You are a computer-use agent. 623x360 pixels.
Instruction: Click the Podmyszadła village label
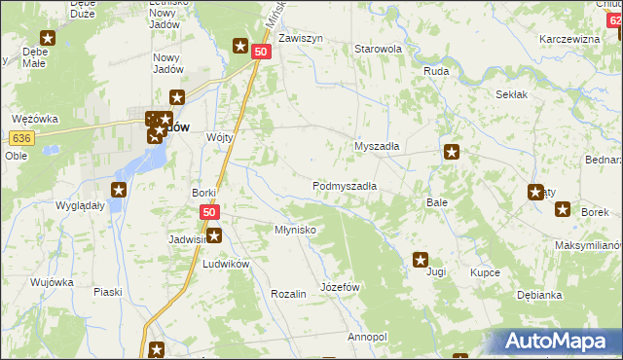345,185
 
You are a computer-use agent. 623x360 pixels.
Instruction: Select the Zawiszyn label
300,39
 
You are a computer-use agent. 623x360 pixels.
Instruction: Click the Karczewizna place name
569,39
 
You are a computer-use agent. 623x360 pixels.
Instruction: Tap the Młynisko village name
295,230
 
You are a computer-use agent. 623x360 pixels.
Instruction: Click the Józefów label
341,288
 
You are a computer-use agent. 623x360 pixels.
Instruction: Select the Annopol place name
367,337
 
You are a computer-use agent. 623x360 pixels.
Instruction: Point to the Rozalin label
289,293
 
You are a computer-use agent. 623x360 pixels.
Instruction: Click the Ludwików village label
226,264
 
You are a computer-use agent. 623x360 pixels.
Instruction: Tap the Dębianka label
541,294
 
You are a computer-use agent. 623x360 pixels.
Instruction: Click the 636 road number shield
24,138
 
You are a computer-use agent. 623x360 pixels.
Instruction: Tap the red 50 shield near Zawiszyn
260,52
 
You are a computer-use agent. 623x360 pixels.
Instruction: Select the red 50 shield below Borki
209,211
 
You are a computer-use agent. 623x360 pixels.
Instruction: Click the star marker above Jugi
421,260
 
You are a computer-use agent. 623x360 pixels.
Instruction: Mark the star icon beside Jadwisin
214,235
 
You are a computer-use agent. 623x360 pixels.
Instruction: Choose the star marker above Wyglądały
119,191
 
